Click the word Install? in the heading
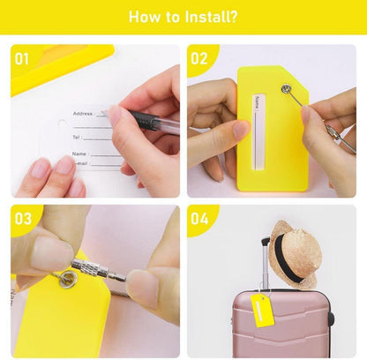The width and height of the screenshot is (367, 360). [211, 17]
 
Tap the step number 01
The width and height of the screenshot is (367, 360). [22, 59]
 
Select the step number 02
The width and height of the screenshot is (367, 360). [199, 58]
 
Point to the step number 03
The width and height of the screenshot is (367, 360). [23, 219]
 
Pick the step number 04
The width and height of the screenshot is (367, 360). [199, 219]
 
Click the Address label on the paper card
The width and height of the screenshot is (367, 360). [83, 113]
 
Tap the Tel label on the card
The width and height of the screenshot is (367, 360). [76, 137]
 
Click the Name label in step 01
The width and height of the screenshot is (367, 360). [79, 154]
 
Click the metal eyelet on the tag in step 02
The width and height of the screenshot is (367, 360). [285, 88]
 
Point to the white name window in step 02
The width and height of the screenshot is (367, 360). [258, 132]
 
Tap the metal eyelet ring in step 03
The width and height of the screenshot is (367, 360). [67, 279]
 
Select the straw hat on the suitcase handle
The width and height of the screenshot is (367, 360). [295, 254]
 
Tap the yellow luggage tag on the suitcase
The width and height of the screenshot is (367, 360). [262, 311]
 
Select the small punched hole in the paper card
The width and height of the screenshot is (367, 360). [62, 124]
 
